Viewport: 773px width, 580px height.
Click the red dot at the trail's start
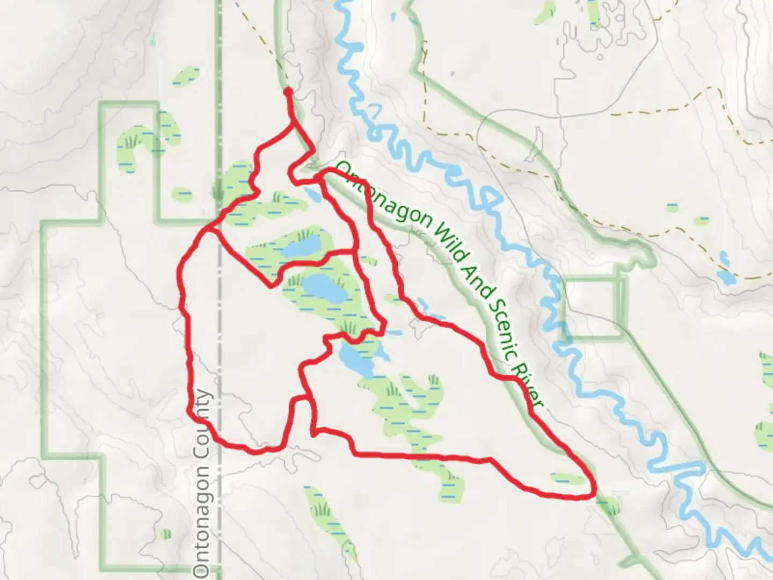coord(288,92)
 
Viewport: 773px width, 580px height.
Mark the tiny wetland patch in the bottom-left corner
coord(165,534)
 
